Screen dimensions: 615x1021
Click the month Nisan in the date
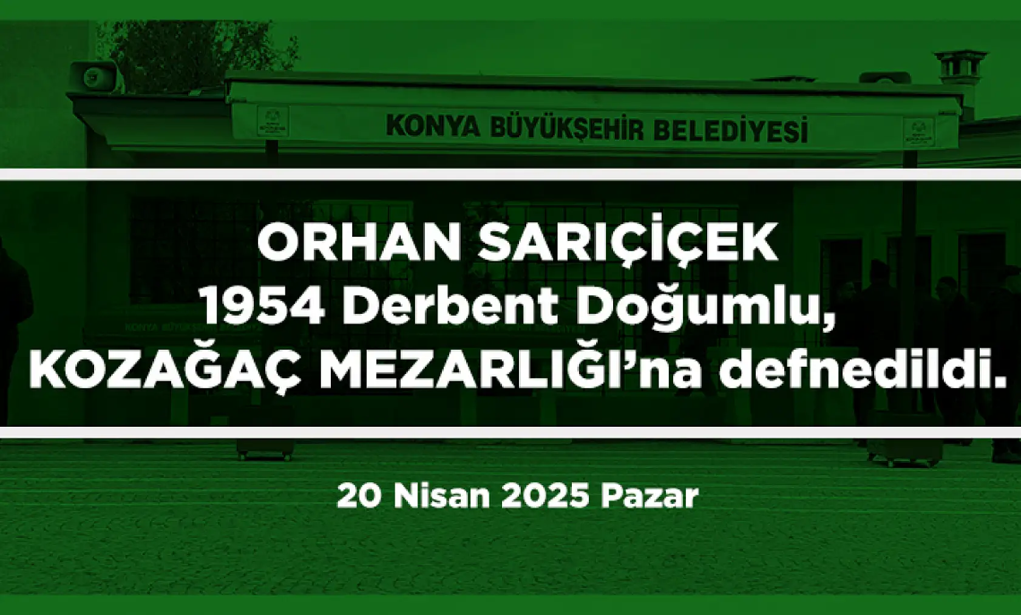point(441,496)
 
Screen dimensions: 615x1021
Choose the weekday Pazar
point(650,496)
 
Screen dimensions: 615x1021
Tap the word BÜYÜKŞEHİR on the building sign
point(566,129)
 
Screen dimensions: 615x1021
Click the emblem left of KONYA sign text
point(273,121)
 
